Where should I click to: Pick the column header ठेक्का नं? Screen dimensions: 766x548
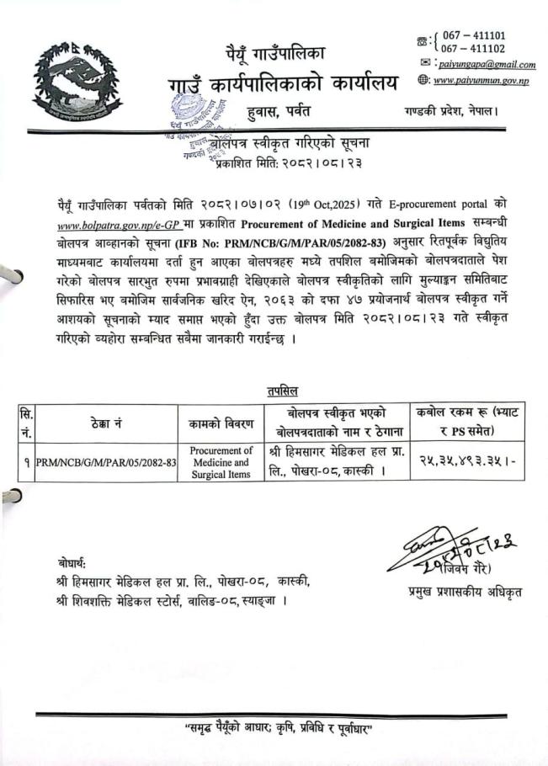click(x=105, y=423)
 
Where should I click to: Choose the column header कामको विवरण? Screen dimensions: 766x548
click(x=221, y=423)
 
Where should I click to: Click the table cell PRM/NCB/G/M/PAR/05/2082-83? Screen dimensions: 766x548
click(x=106, y=462)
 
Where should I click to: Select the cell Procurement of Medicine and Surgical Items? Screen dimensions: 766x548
click(x=221, y=462)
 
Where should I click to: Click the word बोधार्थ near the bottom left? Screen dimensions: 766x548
click(x=72, y=562)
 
